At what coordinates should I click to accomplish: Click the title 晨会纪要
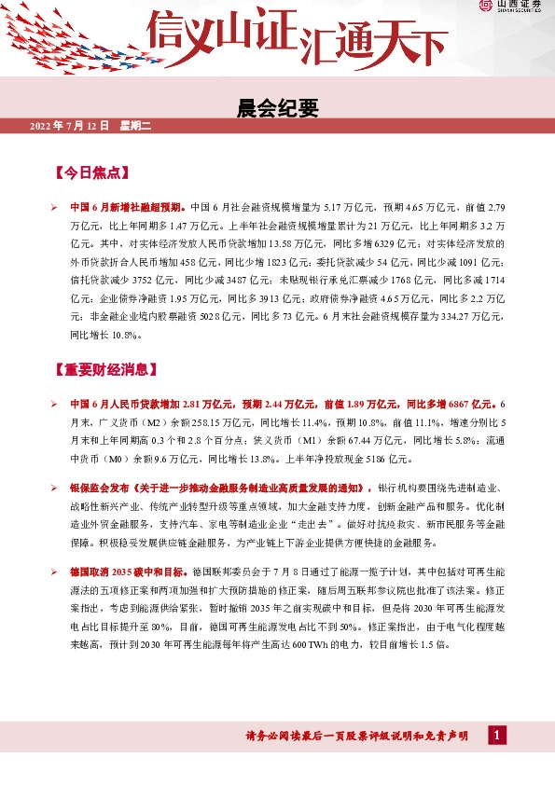coord(278,108)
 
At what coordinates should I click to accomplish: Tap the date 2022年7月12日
coord(70,126)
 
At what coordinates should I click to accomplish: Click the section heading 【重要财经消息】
coord(106,369)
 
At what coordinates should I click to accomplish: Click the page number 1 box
coord(498,736)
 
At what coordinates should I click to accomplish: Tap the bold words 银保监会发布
coord(100,488)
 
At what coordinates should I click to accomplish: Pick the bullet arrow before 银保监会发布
coord(56,488)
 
